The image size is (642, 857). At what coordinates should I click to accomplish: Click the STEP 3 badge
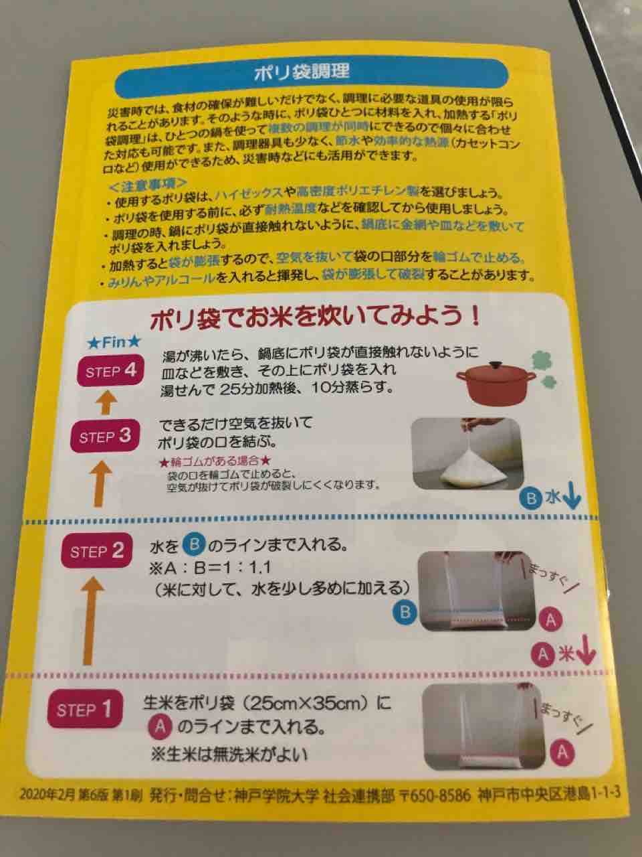[104, 436]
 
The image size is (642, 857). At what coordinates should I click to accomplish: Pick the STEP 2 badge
[96, 550]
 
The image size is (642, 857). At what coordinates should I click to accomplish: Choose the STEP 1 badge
[85, 709]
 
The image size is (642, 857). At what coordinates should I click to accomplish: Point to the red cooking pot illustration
[497, 383]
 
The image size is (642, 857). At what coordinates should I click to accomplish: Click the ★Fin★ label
[114, 342]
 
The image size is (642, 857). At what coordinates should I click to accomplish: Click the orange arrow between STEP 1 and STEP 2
[90, 621]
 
